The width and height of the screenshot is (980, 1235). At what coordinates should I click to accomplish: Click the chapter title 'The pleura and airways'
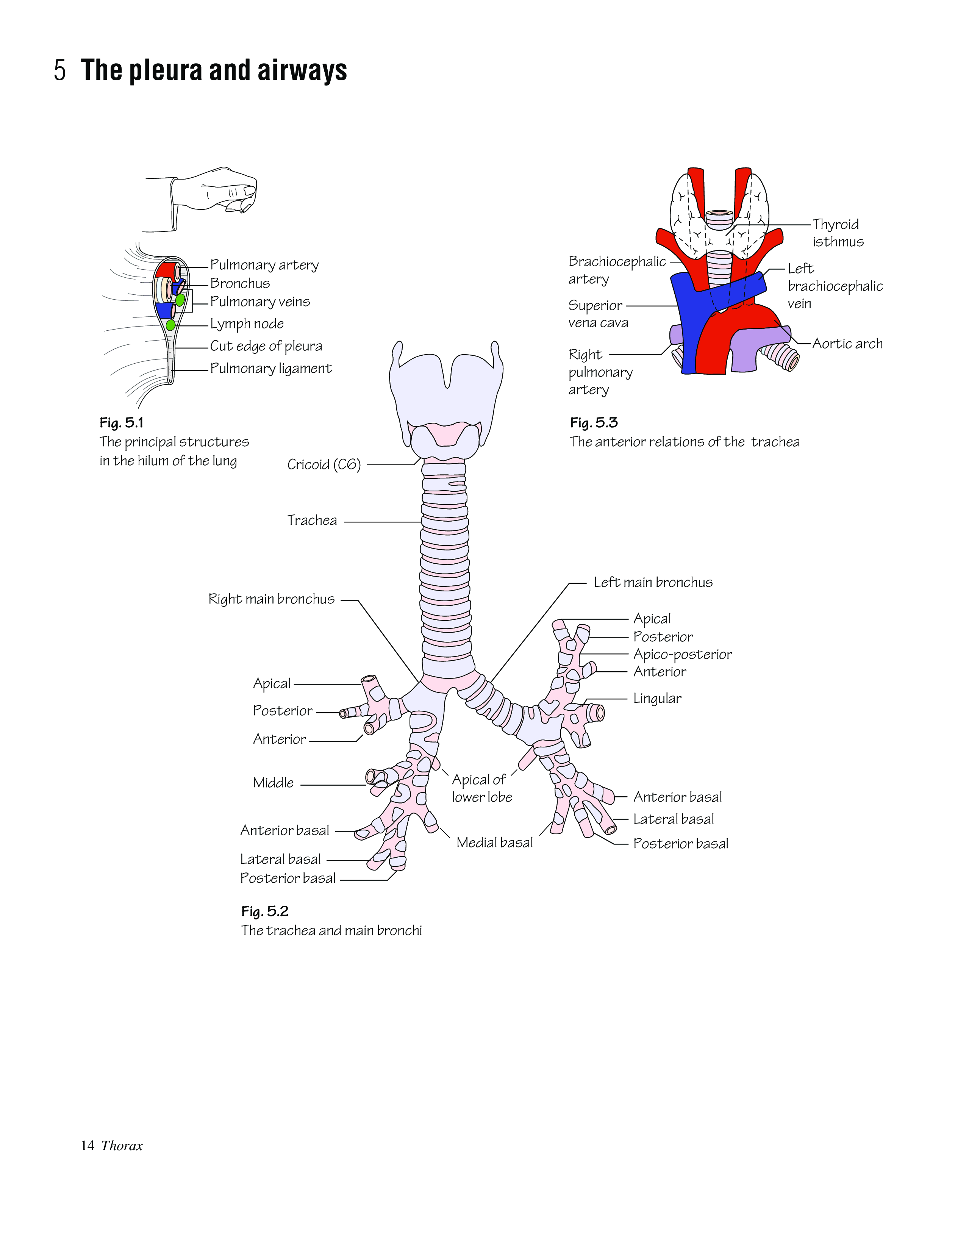click(x=214, y=70)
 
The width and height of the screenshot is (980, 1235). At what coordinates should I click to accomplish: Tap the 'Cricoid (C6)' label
click(x=324, y=464)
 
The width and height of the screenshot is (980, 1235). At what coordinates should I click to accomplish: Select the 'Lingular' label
click(x=657, y=698)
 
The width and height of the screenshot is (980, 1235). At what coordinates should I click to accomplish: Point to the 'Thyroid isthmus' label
click(x=838, y=233)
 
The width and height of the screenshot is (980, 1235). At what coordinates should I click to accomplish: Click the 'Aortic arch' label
click(x=847, y=344)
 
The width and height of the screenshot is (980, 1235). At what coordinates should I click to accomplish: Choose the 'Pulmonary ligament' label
click(x=271, y=368)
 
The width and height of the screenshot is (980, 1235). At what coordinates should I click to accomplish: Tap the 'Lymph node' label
click(x=247, y=324)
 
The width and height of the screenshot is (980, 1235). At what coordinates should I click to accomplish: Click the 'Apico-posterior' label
click(x=682, y=654)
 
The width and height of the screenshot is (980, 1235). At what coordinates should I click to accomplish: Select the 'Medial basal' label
click(x=494, y=843)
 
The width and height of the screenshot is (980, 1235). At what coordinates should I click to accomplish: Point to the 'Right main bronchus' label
click(x=272, y=599)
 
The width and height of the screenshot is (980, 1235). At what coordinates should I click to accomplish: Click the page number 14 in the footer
click(x=87, y=1146)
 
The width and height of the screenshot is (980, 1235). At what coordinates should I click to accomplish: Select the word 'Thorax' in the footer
click(x=122, y=1146)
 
